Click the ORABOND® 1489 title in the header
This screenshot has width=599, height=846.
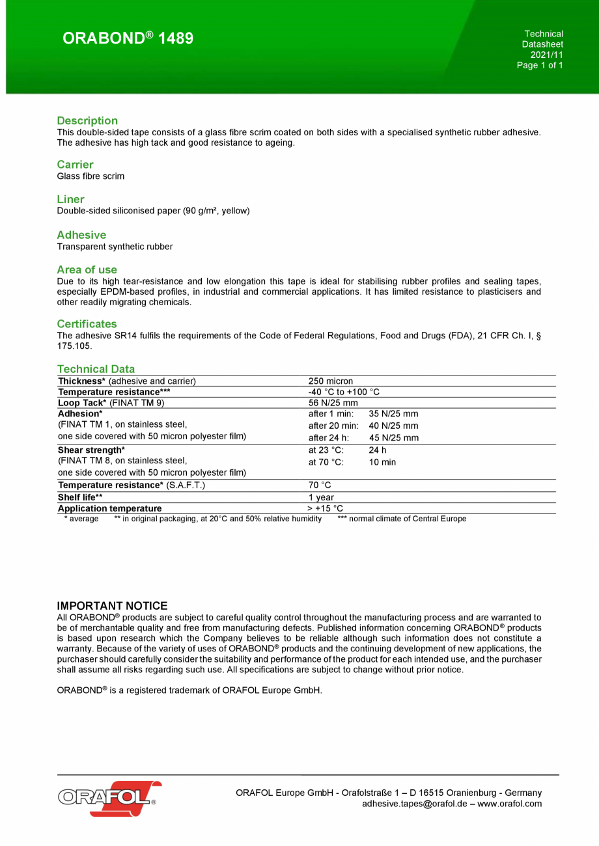coord(128,38)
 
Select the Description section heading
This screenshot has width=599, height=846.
coord(87,120)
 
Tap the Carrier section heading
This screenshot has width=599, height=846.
coord(75,165)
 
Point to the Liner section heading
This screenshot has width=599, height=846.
coord(70,199)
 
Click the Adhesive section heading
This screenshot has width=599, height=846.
coord(81,234)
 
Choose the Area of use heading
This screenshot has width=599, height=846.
coord(87,269)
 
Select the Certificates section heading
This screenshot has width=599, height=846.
coord(87,323)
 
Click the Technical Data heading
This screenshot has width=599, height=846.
coord(96,369)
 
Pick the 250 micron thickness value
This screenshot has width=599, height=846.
coord(331,381)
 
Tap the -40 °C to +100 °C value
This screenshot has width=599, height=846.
coord(344,392)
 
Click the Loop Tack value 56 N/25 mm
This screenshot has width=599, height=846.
coord(333,403)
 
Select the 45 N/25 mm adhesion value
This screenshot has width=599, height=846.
coord(393,438)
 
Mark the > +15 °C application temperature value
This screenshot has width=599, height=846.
coord(325,508)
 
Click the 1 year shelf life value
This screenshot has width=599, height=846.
coord(321,497)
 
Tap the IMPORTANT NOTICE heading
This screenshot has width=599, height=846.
coord(112,606)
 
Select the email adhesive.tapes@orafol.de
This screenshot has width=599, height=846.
coord(414,804)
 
